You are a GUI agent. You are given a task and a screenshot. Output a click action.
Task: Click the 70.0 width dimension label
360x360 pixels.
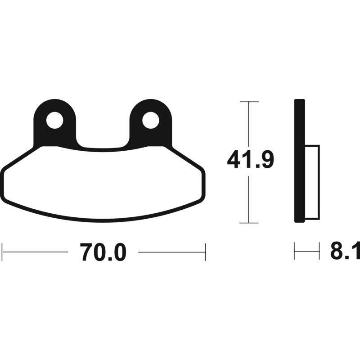[103, 252]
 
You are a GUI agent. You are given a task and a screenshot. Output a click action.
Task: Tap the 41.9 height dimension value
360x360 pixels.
[250, 161]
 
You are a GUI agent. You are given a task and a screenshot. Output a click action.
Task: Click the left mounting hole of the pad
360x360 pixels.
[55, 120]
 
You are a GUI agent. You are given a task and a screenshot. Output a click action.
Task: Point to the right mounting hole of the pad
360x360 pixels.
[151, 120]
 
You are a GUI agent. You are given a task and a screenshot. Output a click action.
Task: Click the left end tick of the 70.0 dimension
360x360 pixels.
[2, 252]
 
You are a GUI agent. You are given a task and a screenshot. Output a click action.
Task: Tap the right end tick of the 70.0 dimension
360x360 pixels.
[205, 252]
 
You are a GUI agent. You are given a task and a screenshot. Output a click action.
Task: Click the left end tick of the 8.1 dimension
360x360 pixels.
[294, 251]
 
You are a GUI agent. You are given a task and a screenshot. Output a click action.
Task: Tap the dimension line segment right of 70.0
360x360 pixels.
[171, 252]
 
